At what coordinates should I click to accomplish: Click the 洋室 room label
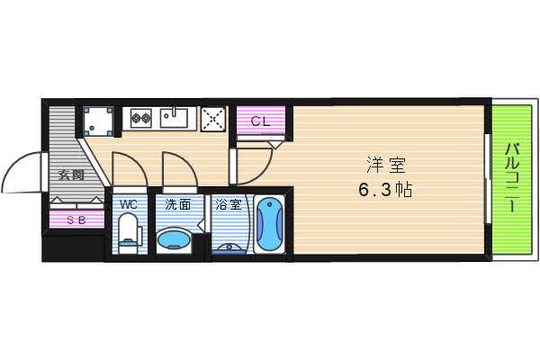click(386, 166)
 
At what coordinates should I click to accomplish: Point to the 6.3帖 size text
click(386, 191)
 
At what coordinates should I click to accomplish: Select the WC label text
click(129, 204)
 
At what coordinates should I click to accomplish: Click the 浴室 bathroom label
click(228, 204)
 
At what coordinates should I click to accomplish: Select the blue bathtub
click(268, 226)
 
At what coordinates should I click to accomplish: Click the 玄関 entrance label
click(71, 175)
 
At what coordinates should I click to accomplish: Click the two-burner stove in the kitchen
click(140, 116)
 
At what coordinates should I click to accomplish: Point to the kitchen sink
click(175, 117)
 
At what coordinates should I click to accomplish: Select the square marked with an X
click(212, 117)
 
